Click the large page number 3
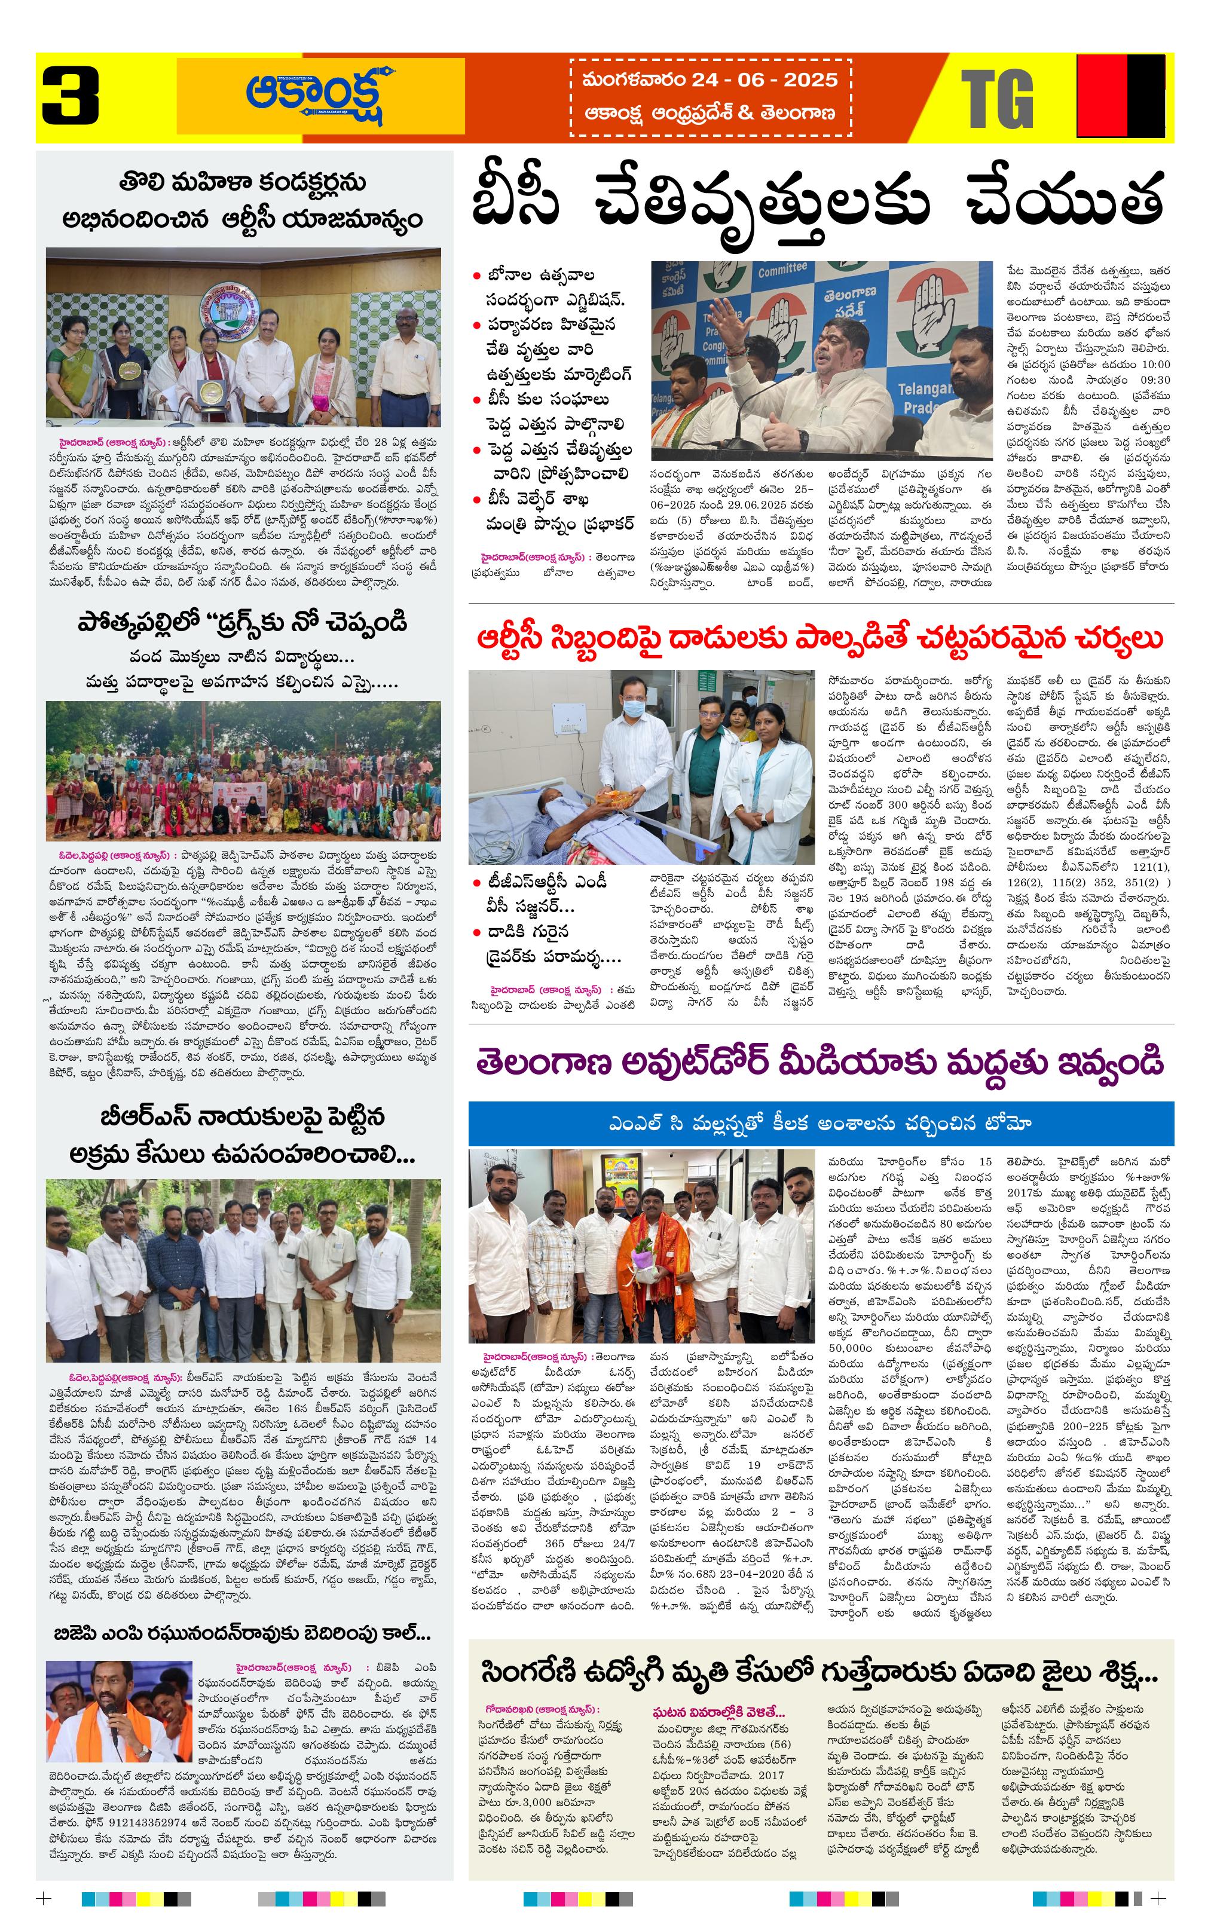click(x=71, y=97)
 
